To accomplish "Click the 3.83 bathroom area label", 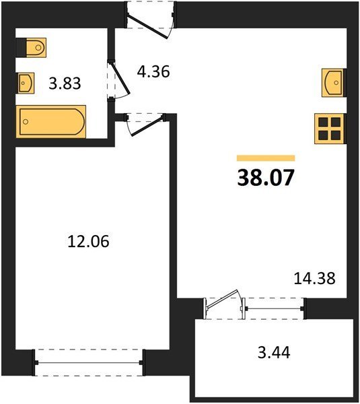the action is pos(65,83).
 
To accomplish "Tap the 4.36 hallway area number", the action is pos(153,71).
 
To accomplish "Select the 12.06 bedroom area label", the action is pos(88,242).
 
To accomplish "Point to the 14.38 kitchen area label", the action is pos(314,278).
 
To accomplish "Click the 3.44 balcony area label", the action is pos(274,352).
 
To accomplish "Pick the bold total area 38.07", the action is pos(266,178).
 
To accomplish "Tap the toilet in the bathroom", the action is pos(36,47).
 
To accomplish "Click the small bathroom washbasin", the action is pos(26,83).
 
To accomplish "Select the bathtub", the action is pos(51,122).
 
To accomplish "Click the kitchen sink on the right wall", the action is pos(332,82).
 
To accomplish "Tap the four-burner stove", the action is pos(329,129).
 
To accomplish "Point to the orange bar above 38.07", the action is pos(266,158).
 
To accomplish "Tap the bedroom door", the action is pos(145,125).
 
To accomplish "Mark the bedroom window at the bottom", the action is pos(89,362).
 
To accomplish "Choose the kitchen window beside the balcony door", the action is pos(275,308).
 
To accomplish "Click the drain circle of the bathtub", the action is pos(26,122).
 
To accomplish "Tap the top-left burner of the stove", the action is pos(323,122).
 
